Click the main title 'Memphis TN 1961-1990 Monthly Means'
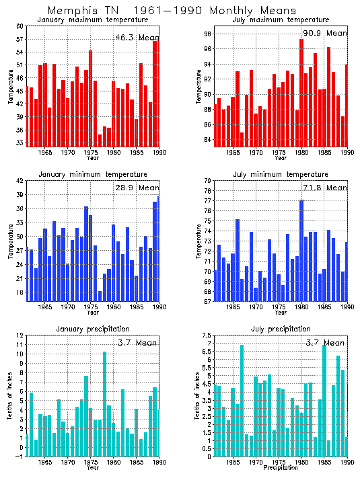(x=172, y=11)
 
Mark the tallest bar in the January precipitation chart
(x=104, y=403)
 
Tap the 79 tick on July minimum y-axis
(x=209, y=181)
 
